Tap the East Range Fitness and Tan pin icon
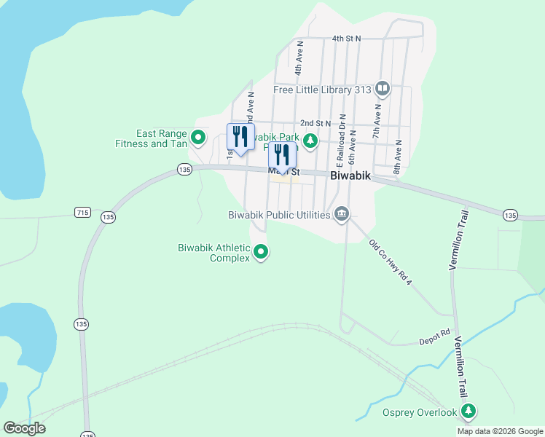click(x=198, y=137)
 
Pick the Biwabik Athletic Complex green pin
click(x=261, y=253)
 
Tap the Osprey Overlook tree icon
click(x=469, y=412)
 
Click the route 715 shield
click(x=82, y=212)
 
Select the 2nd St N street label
click(x=315, y=124)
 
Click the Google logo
click(x=24, y=428)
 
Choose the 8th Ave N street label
click(x=398, y=157)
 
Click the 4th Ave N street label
click(x=299, y=58)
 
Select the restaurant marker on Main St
click(x=282, y=156)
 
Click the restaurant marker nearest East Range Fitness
click(x=240, y=136)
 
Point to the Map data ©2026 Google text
click(x=500, y=431)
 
